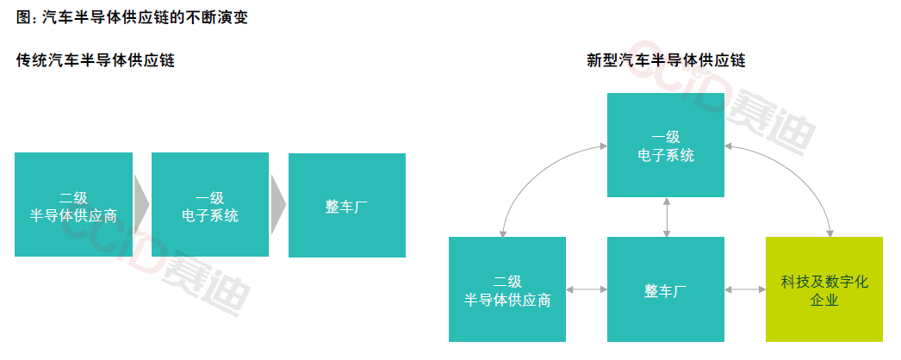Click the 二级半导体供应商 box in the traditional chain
73,205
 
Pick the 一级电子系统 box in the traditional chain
210,205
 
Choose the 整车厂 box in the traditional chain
346,205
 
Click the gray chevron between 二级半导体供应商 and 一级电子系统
142,204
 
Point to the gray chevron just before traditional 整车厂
278,204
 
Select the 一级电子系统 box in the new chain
666,145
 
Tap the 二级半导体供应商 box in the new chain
507,289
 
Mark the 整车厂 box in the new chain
666,289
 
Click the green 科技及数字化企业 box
824,289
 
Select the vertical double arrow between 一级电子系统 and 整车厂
666,216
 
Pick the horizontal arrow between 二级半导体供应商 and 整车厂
587,289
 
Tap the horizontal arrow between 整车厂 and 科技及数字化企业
745,289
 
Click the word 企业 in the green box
824,301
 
